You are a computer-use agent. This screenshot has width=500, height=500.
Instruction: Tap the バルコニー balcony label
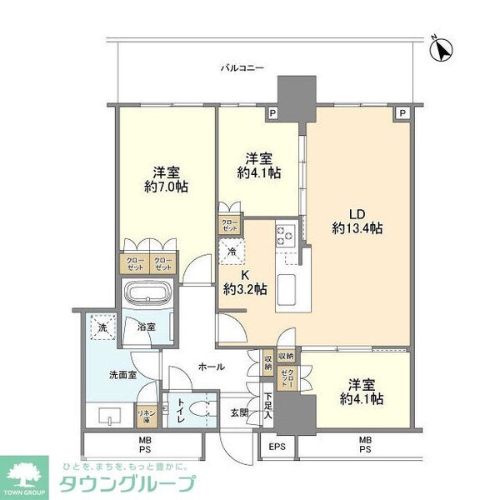pos(242,68)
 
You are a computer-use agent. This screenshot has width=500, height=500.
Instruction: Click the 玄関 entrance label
pos(240,411)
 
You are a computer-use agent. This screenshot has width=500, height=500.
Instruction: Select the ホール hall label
pos(210,366)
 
